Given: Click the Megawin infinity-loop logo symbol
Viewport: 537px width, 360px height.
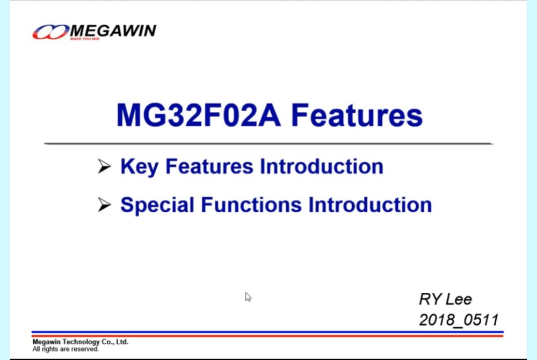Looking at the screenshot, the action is click(x=50, y=32).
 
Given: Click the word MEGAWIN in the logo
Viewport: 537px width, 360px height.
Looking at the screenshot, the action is click(x=113, y=31).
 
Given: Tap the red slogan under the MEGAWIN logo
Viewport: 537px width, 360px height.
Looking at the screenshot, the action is click(x=85, y=39).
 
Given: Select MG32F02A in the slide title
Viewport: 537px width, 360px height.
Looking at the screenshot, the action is click(x=199, y=115).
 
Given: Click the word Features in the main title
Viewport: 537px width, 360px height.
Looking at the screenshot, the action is click(x=357, y=115).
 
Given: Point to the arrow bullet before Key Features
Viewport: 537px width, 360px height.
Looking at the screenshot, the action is click(x=104, y=167).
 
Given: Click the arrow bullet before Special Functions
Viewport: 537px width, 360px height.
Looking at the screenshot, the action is click(x=104, y=205).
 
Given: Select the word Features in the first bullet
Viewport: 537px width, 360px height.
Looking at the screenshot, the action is click(x=209, y=167).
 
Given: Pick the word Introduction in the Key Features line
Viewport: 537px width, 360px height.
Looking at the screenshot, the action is click(x=322, y=167).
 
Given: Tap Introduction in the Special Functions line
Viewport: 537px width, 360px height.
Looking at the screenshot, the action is click(x=370, y=205).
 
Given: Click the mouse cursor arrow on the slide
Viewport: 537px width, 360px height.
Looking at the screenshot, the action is click(x=248, y=297).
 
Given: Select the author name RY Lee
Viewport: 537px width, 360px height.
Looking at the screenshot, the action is click(x=445, y=299).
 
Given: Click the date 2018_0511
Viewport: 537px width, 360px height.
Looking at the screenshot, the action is click(x=459, y=320).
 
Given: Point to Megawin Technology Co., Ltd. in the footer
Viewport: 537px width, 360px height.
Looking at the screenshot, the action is click(x=81, y=342).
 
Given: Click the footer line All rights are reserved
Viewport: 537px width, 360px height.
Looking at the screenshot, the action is click(x=66, y=349).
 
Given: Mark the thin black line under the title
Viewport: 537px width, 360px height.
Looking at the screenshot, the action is click(x=268, y=144).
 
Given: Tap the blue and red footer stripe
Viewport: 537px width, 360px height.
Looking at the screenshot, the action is click(x=267, y=334).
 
